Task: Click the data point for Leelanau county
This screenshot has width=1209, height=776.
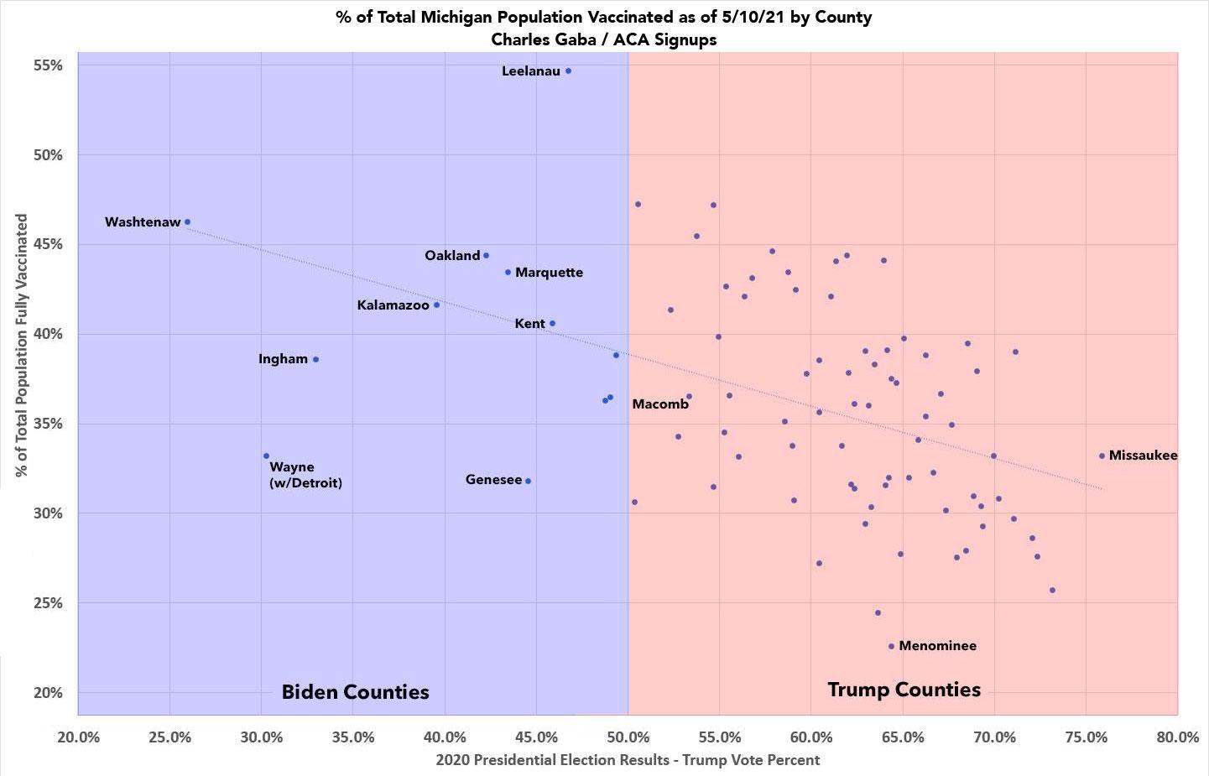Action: (x=568, y=71)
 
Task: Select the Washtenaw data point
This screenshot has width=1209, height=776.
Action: (x=187, y=222)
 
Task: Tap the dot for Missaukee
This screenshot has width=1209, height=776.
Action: (x=1102, y=456)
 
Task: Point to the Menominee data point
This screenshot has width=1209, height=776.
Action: (x=891, y=646)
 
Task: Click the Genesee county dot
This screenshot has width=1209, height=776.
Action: (x=528, y=481)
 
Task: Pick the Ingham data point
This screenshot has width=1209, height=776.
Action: (x=315, y=359)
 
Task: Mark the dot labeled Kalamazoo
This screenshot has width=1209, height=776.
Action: (x=436, y=305)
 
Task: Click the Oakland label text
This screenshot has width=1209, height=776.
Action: (x=452, y=256)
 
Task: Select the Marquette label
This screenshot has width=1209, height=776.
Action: (x=549, y=273)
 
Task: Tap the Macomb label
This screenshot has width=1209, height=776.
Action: (x=660, y=404)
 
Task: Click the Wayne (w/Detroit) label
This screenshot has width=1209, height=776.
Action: (x=305, y=475)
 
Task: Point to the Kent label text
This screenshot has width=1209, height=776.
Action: (x=529, y=324)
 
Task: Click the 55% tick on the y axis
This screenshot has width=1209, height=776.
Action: (x=47, y=65)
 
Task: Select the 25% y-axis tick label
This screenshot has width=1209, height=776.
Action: (x=47, y=603)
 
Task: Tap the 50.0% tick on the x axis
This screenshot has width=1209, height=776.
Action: (x=628, y=737)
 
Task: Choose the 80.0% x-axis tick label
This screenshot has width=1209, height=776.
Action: (x=1177, y=737)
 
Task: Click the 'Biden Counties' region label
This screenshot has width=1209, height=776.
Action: (x=355, y=692)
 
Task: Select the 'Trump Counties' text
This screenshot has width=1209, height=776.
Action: (x=904, y=690)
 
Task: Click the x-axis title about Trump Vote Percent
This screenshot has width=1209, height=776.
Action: (x=628, y=760)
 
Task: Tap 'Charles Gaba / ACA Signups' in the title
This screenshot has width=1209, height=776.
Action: (x=604, y=39)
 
